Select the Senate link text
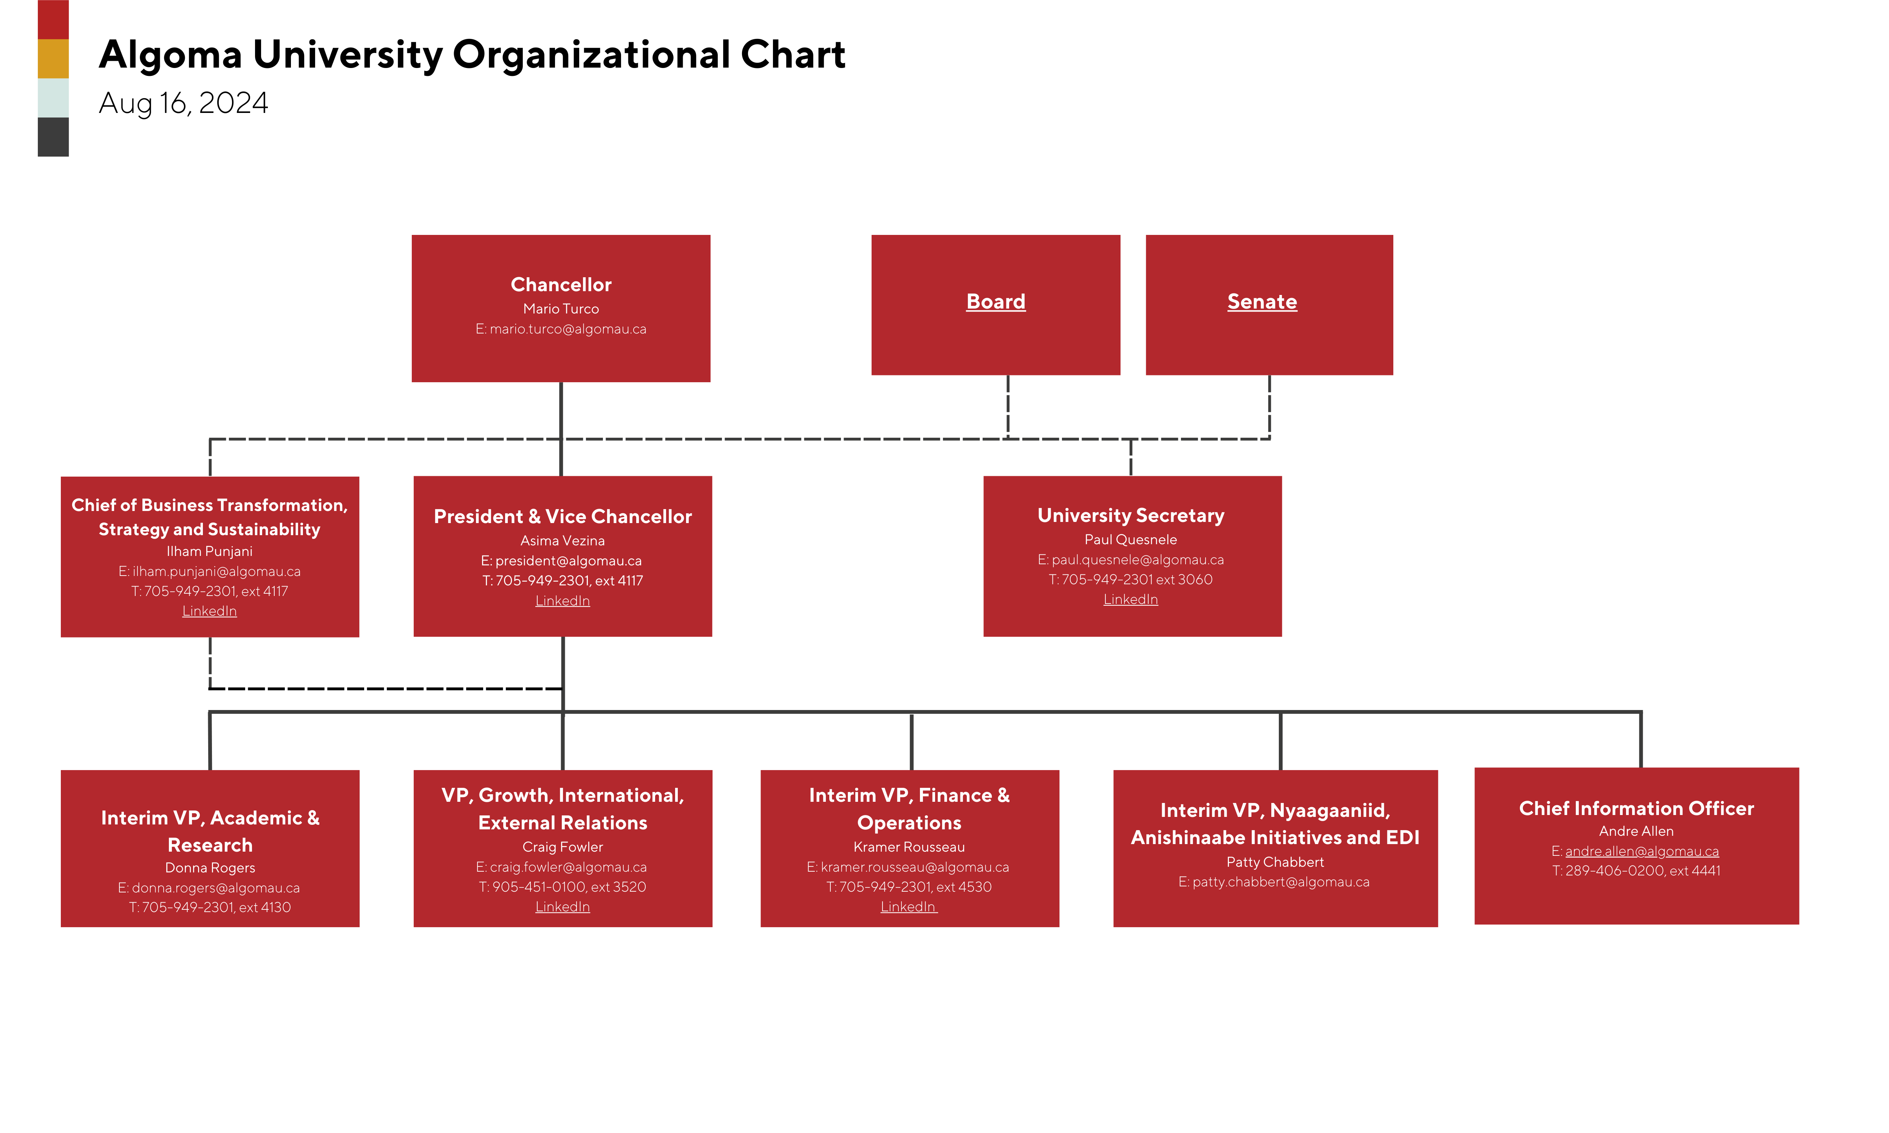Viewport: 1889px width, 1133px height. [1261, 302]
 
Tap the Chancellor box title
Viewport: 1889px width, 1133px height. [560, 285]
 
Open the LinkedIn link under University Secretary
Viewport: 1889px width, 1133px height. [1130, 599]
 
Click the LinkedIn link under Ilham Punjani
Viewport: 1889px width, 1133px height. [209, 611]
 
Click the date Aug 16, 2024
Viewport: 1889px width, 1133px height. [183, 103]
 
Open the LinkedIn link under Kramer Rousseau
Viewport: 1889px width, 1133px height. [908, 906]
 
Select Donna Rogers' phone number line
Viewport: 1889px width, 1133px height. [210, 907]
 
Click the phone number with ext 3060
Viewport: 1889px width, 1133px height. [1130, 579]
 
